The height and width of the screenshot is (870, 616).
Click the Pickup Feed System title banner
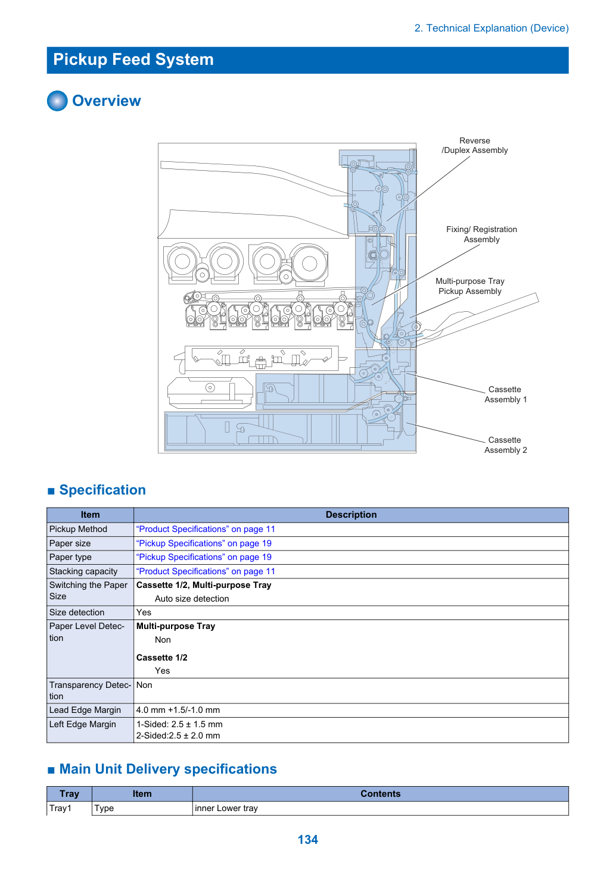click(307, 60)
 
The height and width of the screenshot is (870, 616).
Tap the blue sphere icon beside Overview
click(57, 101)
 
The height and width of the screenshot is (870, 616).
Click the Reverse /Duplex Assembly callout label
click(474, 145)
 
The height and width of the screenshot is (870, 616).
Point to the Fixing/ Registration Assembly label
click(481, 234)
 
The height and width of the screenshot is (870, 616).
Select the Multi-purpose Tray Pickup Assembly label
click(470, 286)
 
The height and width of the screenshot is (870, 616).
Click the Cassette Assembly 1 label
click(505, 394)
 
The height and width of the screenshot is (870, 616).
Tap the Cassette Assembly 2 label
click(505, 445)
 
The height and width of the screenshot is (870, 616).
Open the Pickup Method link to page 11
click(206, 529)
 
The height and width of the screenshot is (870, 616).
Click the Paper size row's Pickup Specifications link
click(204, 543)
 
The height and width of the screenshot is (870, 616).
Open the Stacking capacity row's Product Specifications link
click(206, 571)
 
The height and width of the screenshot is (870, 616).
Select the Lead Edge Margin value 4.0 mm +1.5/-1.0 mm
click(178, 709)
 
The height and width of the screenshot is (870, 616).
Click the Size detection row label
click(77, 612)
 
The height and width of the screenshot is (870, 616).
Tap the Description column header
click(351, 515)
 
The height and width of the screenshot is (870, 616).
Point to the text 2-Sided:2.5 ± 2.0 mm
click(178, 736)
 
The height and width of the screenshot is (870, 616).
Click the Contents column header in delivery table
click(380, 793)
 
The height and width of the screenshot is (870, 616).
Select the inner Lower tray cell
click(226, 808)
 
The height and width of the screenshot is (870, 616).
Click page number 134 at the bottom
click(307, 839)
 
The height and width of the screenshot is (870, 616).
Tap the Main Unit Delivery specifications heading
click(167, 769)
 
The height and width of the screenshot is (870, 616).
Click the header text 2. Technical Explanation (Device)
click(491, 28)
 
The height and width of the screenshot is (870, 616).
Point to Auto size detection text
click(192, 599)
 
